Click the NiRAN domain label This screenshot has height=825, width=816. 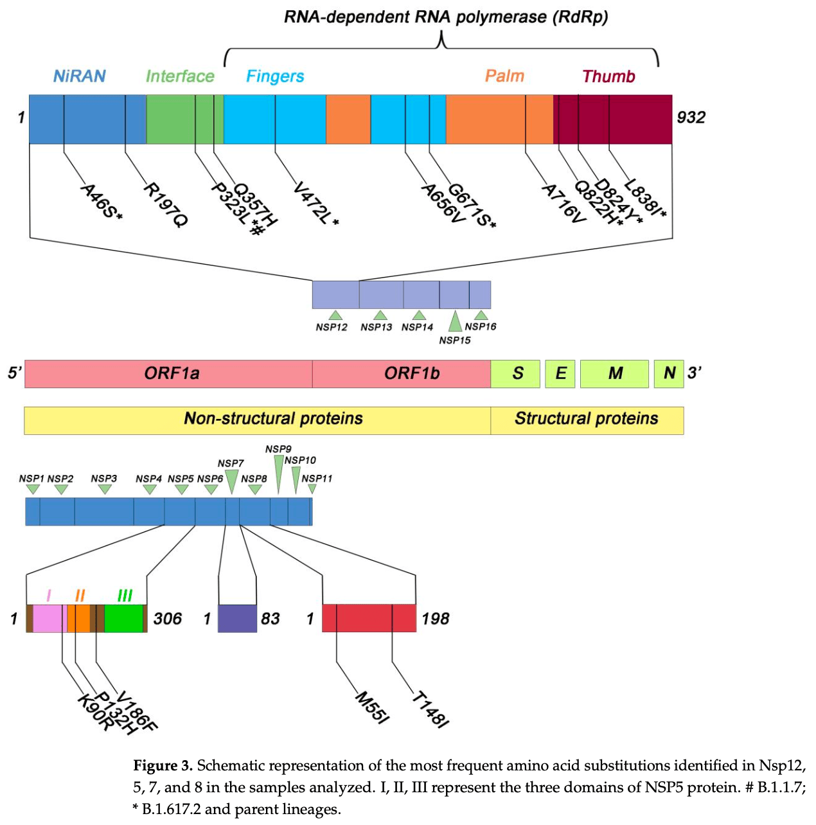coord(79,76)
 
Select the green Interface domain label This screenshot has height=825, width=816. coord(180,76)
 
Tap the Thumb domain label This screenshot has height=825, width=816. coord(608,76)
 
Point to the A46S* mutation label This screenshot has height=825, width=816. coord(102,201)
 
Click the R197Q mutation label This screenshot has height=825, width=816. coord(166,204)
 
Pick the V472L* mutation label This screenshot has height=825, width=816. coord(315,204)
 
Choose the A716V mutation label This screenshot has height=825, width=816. coord(563,204)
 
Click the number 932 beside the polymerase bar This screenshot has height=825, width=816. coord(691,118)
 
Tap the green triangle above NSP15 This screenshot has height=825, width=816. coord(455,321)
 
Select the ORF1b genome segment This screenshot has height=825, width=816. coord(401,374)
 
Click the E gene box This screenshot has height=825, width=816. coord(560,374)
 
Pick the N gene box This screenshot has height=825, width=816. coord(669,374)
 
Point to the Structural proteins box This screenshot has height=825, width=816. coord(587,420)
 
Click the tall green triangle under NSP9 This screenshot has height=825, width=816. coord(279,474)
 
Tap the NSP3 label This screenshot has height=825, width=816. coord(103,478)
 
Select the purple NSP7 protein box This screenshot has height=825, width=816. coord(237,618)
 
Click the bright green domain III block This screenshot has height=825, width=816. coord(124,618)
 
